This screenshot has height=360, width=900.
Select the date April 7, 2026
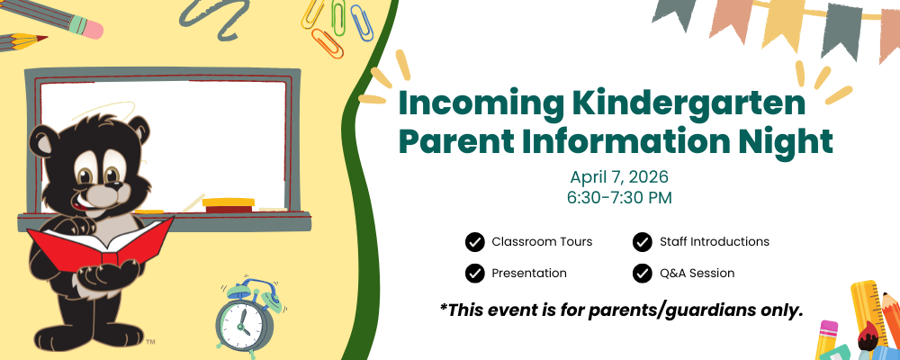(x=619, y=175)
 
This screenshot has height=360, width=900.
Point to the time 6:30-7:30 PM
(x=619, y=197)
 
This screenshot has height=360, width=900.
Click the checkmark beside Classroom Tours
(x=474, y=242)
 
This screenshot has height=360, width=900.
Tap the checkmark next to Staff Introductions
(x=643, y=242)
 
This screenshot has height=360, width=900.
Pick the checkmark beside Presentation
(x=474, y=274)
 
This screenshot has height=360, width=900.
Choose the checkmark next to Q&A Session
(x=643, y=274)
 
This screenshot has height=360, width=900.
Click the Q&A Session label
(x=697, y=274)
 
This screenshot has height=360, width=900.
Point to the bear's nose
(x=116, y=185)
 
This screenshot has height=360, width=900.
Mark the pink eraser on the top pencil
(x=89, y=27)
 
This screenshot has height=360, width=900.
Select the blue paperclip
(x=361, y=23)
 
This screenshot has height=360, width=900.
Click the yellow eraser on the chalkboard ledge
(x=229, y=202)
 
